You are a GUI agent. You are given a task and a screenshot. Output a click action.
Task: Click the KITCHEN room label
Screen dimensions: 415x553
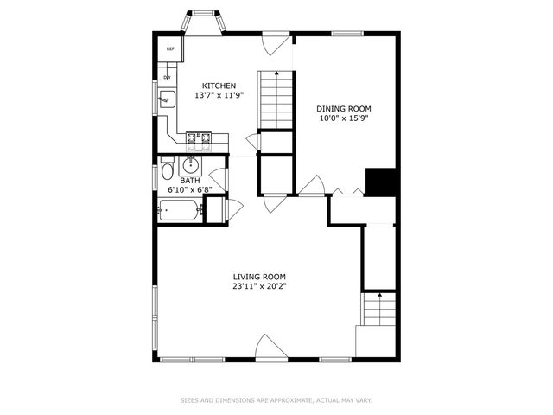(219, 86)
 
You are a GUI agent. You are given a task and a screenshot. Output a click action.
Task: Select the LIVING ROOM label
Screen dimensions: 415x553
(259, 276)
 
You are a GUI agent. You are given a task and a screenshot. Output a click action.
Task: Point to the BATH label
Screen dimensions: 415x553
(190, 180)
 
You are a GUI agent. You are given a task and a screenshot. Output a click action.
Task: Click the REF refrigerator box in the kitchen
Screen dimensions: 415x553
(170, 50)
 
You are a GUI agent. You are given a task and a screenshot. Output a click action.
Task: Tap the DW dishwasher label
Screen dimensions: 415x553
(167, 78)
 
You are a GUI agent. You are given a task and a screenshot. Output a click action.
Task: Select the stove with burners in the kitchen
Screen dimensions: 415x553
(199, 136)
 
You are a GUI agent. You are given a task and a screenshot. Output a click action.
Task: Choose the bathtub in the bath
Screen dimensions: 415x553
(180, 208)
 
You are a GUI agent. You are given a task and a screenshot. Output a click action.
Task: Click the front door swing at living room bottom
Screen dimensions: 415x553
(270, 347)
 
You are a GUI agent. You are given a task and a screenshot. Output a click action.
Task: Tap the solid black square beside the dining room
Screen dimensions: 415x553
(381, 182)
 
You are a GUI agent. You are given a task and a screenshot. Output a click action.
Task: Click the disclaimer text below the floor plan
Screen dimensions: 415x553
(276, 399)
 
